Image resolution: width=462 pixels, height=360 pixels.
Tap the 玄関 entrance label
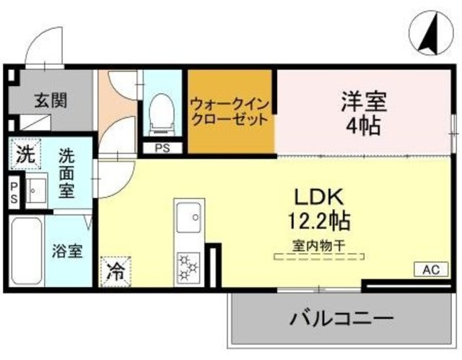[x=50, y=100]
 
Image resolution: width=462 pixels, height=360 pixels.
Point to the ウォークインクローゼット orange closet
[x=230, y=112]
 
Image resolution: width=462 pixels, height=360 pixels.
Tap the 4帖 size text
[x=365, y=128]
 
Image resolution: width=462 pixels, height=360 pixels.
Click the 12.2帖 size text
[x=321, y=219]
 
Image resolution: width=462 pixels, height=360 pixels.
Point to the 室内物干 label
[x=319, y=245]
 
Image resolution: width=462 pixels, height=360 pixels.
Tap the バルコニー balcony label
[x=342, y=318]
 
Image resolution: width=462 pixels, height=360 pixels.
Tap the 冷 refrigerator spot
[x=115, y=271]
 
